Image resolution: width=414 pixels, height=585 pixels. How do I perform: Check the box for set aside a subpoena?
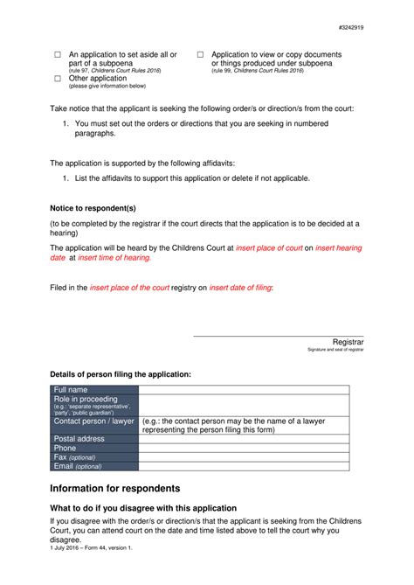[x=58, y=55]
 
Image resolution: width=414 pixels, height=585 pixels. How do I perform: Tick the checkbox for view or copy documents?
[x=200, y=55]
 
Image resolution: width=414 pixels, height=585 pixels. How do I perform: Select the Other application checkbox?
[x=58, y=79]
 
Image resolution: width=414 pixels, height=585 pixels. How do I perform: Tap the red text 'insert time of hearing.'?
[x=114, y=258]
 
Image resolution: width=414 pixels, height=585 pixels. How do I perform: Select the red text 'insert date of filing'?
[x=240, y=287]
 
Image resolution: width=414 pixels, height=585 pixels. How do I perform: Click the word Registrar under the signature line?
[x=348, y=341]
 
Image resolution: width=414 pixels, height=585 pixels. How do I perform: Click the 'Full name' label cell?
[x=94, y=389]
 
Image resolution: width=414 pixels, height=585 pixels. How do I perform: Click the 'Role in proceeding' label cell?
[x=94, y=405]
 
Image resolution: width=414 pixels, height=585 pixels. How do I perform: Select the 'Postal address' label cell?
[x=94, y=438]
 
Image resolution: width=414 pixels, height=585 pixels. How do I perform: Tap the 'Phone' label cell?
[x=94, y=448]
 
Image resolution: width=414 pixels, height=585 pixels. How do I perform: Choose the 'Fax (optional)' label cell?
[x=94, y=457]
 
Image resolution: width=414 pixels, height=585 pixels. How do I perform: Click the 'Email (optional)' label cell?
[x=94, y=467]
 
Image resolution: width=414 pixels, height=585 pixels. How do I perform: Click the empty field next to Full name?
[x=243, y=389]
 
